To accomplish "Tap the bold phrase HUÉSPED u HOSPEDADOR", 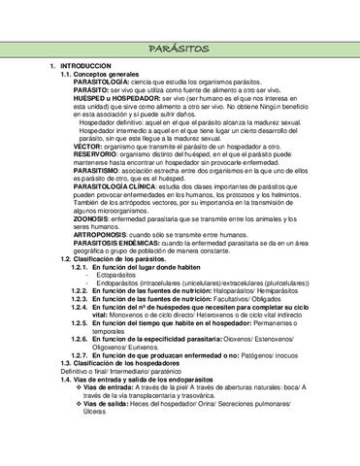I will pos(113,99).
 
